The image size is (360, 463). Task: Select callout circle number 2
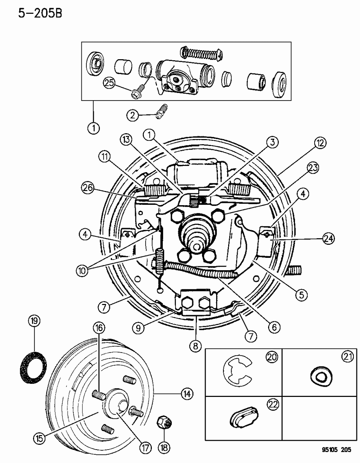pyautogui.click(x=132, y=115)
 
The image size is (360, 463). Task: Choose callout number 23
pyautogui.click(x=312, y=168)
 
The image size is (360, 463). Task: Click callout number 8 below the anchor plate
pyautogui.click(x=195, y=346)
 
